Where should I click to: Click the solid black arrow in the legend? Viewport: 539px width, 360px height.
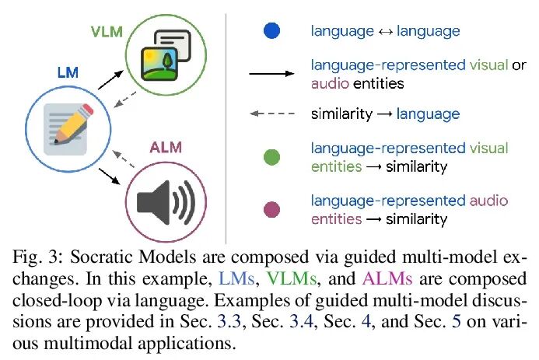272,75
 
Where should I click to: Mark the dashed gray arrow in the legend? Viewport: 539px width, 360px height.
272,114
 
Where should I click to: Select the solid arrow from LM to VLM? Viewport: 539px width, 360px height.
110,77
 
